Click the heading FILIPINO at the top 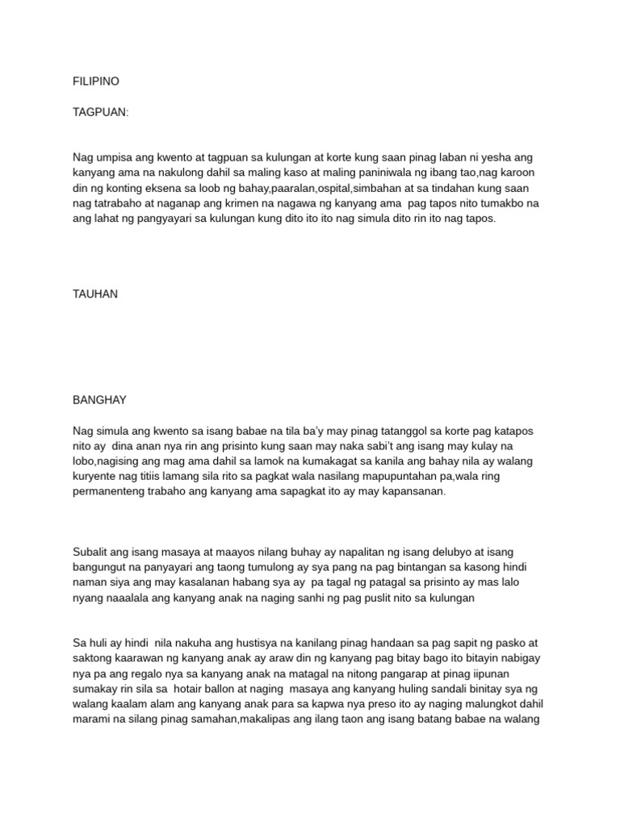click(x=96, y=81)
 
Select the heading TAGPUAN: click(x=101, y=112)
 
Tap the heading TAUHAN click(x=95, y=294)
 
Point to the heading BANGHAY click(x=99, y=400)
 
